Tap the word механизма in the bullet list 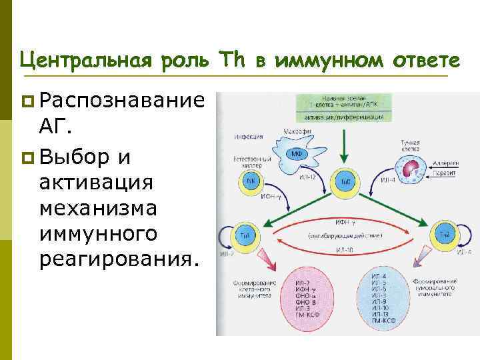click(x=98, y=209)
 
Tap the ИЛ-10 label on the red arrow click(x=344, y=251)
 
